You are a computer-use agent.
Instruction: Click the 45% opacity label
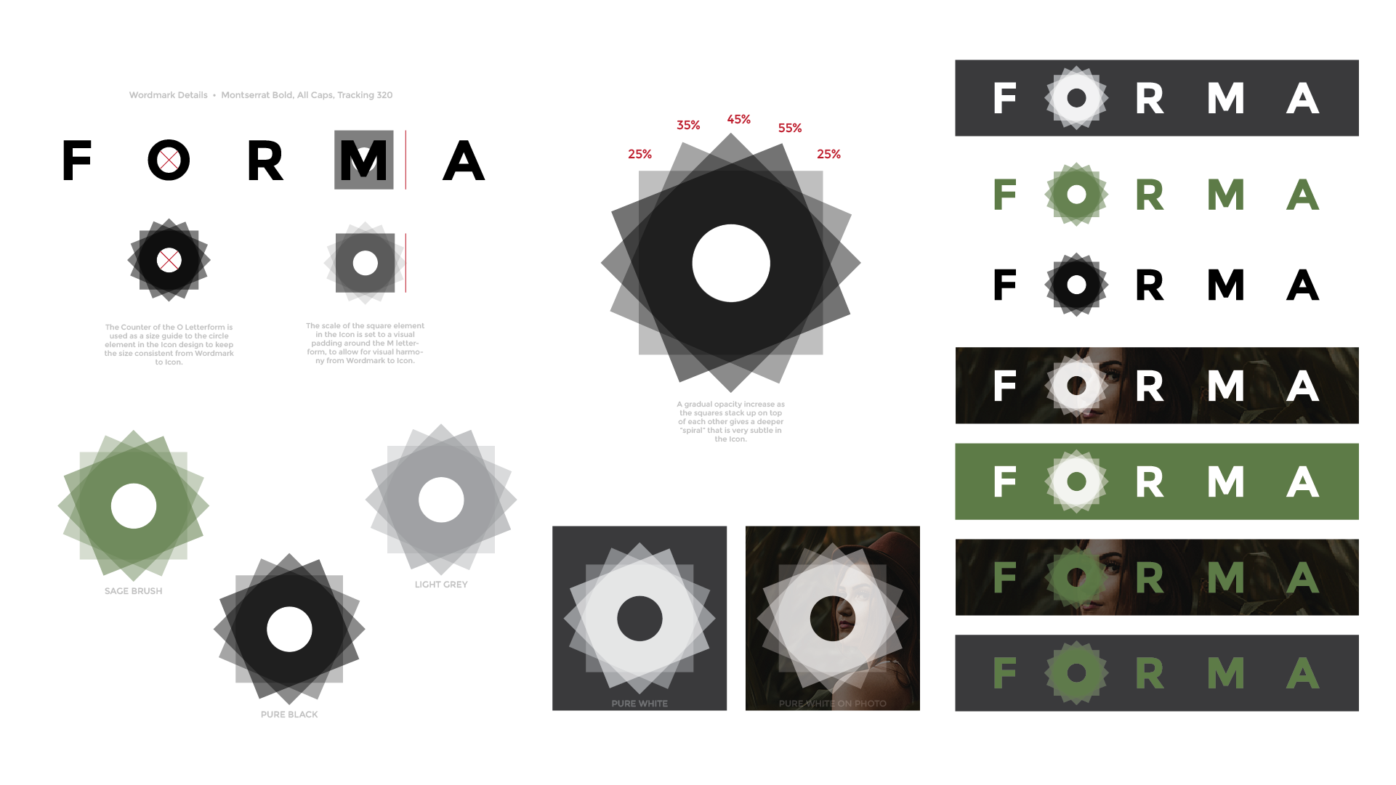pos(739,119)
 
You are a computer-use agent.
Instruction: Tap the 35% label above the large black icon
pos(688,125)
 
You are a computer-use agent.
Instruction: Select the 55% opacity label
pos(790,128)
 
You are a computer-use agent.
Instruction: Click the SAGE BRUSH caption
pos(133,591)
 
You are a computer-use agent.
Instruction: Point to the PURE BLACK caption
pos(289,715)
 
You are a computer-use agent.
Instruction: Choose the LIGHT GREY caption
pos(441,585)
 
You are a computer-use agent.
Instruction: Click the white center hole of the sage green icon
pos(134,506)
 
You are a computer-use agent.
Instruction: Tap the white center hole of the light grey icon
pos(441,500)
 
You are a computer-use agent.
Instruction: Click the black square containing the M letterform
pos(364,160)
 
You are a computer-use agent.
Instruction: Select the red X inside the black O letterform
pos(169,160)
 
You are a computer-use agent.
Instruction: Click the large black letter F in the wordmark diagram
pos(77,160)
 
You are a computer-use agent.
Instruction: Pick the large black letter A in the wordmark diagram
pos(464,160)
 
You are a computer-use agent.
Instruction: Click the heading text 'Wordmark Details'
pos(169,95)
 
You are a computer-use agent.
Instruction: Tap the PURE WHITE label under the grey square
pos(640,704)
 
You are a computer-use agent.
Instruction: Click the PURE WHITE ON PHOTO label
pos(833,704)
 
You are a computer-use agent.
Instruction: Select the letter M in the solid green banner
pos(1226,481)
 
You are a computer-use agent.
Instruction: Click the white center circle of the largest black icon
pos(731,263)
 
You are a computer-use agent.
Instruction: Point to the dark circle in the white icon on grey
pos(640,619)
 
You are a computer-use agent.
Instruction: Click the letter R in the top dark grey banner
pos(1150,98)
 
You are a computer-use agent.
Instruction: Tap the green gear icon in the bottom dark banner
pos(1076,673)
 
